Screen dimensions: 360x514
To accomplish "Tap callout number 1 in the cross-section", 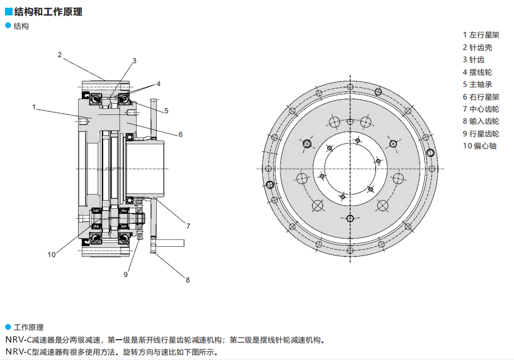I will [x=34, y=107].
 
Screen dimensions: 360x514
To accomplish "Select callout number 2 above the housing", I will [x=59, y=54].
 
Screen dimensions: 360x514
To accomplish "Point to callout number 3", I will [x=134, y=60].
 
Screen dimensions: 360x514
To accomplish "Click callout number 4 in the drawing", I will [x=158, y=84].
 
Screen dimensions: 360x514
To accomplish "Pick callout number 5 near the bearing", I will [x=166, y=110].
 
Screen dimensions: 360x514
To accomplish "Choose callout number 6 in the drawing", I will [x=180, y=134].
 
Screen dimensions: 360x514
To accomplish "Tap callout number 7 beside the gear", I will [x=188, y=225].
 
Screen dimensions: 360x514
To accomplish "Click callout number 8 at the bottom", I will [x=187, y=280].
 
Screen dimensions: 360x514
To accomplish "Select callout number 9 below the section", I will [x=126, y=274].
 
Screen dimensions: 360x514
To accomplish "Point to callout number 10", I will [x=52, y=254].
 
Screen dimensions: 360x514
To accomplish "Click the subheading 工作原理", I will [x=29, y=327].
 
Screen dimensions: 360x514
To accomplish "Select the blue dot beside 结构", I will [x=8, y=26].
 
